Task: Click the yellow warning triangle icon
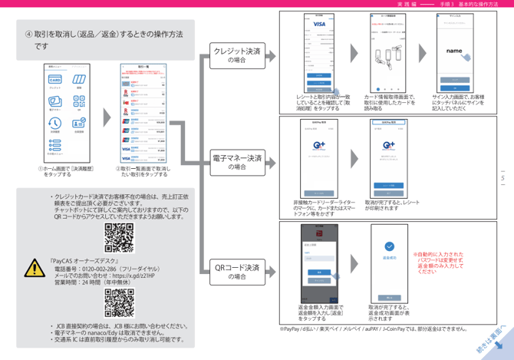(x=35, y=267)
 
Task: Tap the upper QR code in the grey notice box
(x=119, y=238)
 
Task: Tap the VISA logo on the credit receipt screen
(x=315, y=25)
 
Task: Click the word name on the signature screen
(x=455, y=51)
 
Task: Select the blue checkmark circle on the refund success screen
(x=390, y=247)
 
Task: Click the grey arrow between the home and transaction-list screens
(x=107, y=116)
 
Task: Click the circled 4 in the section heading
(x=29, y=35)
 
